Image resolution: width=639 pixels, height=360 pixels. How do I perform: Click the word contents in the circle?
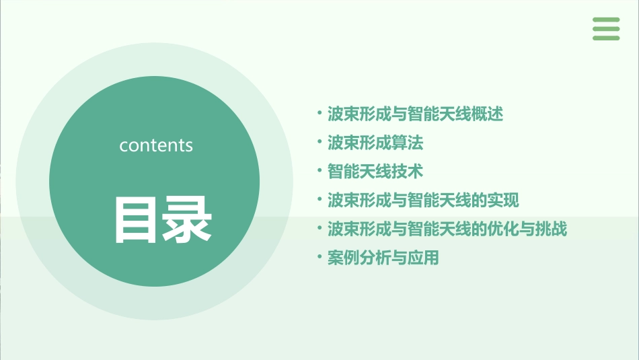tap(156, 145)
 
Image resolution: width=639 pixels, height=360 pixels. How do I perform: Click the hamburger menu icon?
tap(606, 29)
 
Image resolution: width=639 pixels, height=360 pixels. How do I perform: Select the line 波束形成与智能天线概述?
tap(415, 114)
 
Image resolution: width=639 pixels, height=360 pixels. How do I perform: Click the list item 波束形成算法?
tap(375, 143)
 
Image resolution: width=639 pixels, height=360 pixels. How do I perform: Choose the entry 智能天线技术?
tap(375, 172)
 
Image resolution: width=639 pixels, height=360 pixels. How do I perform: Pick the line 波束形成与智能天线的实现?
tap(423, 200)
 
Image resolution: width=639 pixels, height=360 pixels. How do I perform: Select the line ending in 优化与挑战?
tap(447, 229)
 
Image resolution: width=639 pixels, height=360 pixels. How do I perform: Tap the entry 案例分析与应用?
tap(383, 258)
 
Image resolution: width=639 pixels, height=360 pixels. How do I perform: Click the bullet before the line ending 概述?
tap(319, 112)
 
